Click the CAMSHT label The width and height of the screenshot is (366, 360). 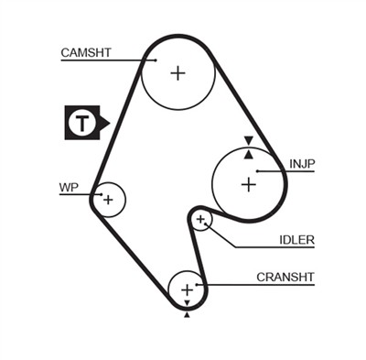point(86,52)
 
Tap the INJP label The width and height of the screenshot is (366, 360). point(302,164)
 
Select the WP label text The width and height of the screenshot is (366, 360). point(69,187)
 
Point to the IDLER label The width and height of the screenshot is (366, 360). point(297,241)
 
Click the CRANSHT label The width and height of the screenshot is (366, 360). point(285,277)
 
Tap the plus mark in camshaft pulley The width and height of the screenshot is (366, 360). point(178,72)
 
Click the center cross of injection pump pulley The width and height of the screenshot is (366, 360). point(248,184)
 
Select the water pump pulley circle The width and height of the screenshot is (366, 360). point(108,199)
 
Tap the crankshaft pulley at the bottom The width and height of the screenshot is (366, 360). point(188,290)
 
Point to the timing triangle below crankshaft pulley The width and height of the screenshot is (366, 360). point(188,314)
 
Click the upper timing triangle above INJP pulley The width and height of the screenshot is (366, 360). point(247,140)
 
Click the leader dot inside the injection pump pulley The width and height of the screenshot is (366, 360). point(258,170)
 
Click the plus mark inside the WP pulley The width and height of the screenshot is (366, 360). point(108,199)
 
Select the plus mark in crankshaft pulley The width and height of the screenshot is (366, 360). point(188,290)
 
